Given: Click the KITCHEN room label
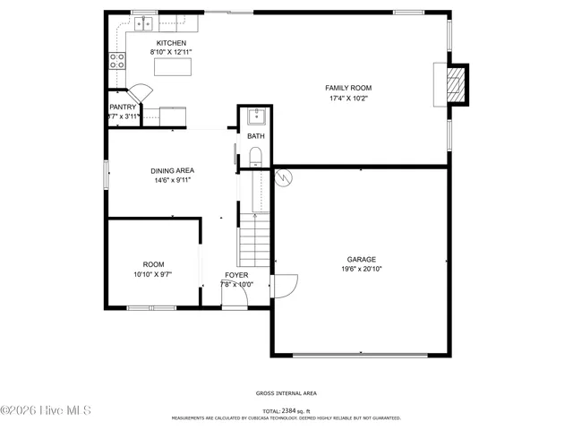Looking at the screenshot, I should tap(171, 43).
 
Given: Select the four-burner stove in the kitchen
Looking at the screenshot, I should tap(116, 60).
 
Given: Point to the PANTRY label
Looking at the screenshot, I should tap(123, 107).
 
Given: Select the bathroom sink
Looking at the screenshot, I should tap(256, 116).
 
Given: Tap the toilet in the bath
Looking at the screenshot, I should tap(256, 159).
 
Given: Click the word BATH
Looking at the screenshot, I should tap(256, 136).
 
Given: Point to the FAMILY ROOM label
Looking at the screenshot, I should tap(348, 88).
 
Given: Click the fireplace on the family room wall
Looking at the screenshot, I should tap(457, 84).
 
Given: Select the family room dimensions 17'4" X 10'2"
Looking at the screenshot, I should tap(348, 99).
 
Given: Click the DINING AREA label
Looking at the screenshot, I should tap(172, 170).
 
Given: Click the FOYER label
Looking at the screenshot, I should tap(236, 275).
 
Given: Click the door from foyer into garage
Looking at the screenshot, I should tap(285, 285).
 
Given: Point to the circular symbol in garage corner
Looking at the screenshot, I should tap(283, 176).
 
